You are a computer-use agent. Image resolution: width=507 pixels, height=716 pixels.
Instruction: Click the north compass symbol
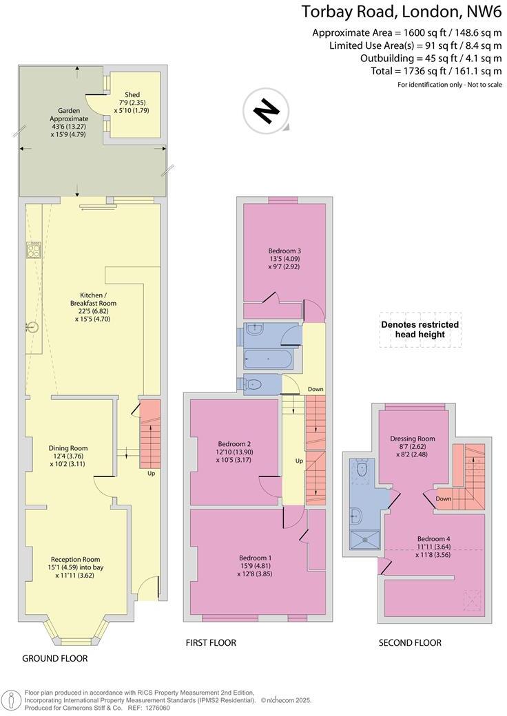264,112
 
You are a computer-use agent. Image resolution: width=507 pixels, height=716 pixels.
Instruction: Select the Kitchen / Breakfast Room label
93,306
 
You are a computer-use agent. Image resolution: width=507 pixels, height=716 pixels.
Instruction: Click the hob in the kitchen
34,249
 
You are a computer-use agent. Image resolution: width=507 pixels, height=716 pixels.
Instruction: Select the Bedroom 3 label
284,258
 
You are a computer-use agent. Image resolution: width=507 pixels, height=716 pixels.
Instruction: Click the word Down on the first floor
315,389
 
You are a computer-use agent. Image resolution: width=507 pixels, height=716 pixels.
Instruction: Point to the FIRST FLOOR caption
211,643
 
